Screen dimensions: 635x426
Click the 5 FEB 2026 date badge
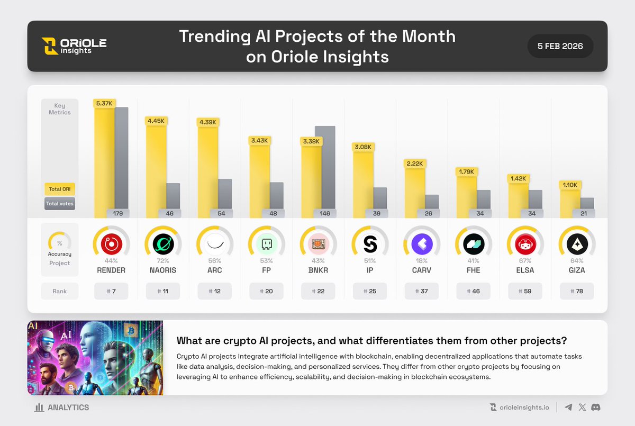(x=560, y=46)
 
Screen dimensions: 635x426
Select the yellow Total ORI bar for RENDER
(x=104, y=162)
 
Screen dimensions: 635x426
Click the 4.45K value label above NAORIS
(x=156, y=121)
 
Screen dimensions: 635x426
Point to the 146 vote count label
(x=325, y=213)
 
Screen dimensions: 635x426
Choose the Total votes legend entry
(x=59, y=204)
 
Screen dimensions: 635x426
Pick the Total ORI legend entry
(x=59, y=189)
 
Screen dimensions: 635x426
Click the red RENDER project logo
(x=112, y=244)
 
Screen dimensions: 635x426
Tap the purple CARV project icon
(x=422, y=244)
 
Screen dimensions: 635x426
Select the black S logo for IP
(x=370, y=244)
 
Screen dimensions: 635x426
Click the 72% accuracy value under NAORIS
(x=163, y=261)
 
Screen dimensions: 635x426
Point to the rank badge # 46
(x=474, y=291)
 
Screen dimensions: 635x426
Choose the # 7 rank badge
(x=111, y=291)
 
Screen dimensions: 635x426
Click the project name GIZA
(x=577, y=270)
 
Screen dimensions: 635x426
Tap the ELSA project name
(x=525, y=270)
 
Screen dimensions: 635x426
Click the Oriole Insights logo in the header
(x=74, y=46)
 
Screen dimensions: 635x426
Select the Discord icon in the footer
(x=596, y=407)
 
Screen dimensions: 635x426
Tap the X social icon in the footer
(x=582, y=407)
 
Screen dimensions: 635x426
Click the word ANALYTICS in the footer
(x=68, y=407)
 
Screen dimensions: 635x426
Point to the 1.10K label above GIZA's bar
(x=570, y=185)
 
